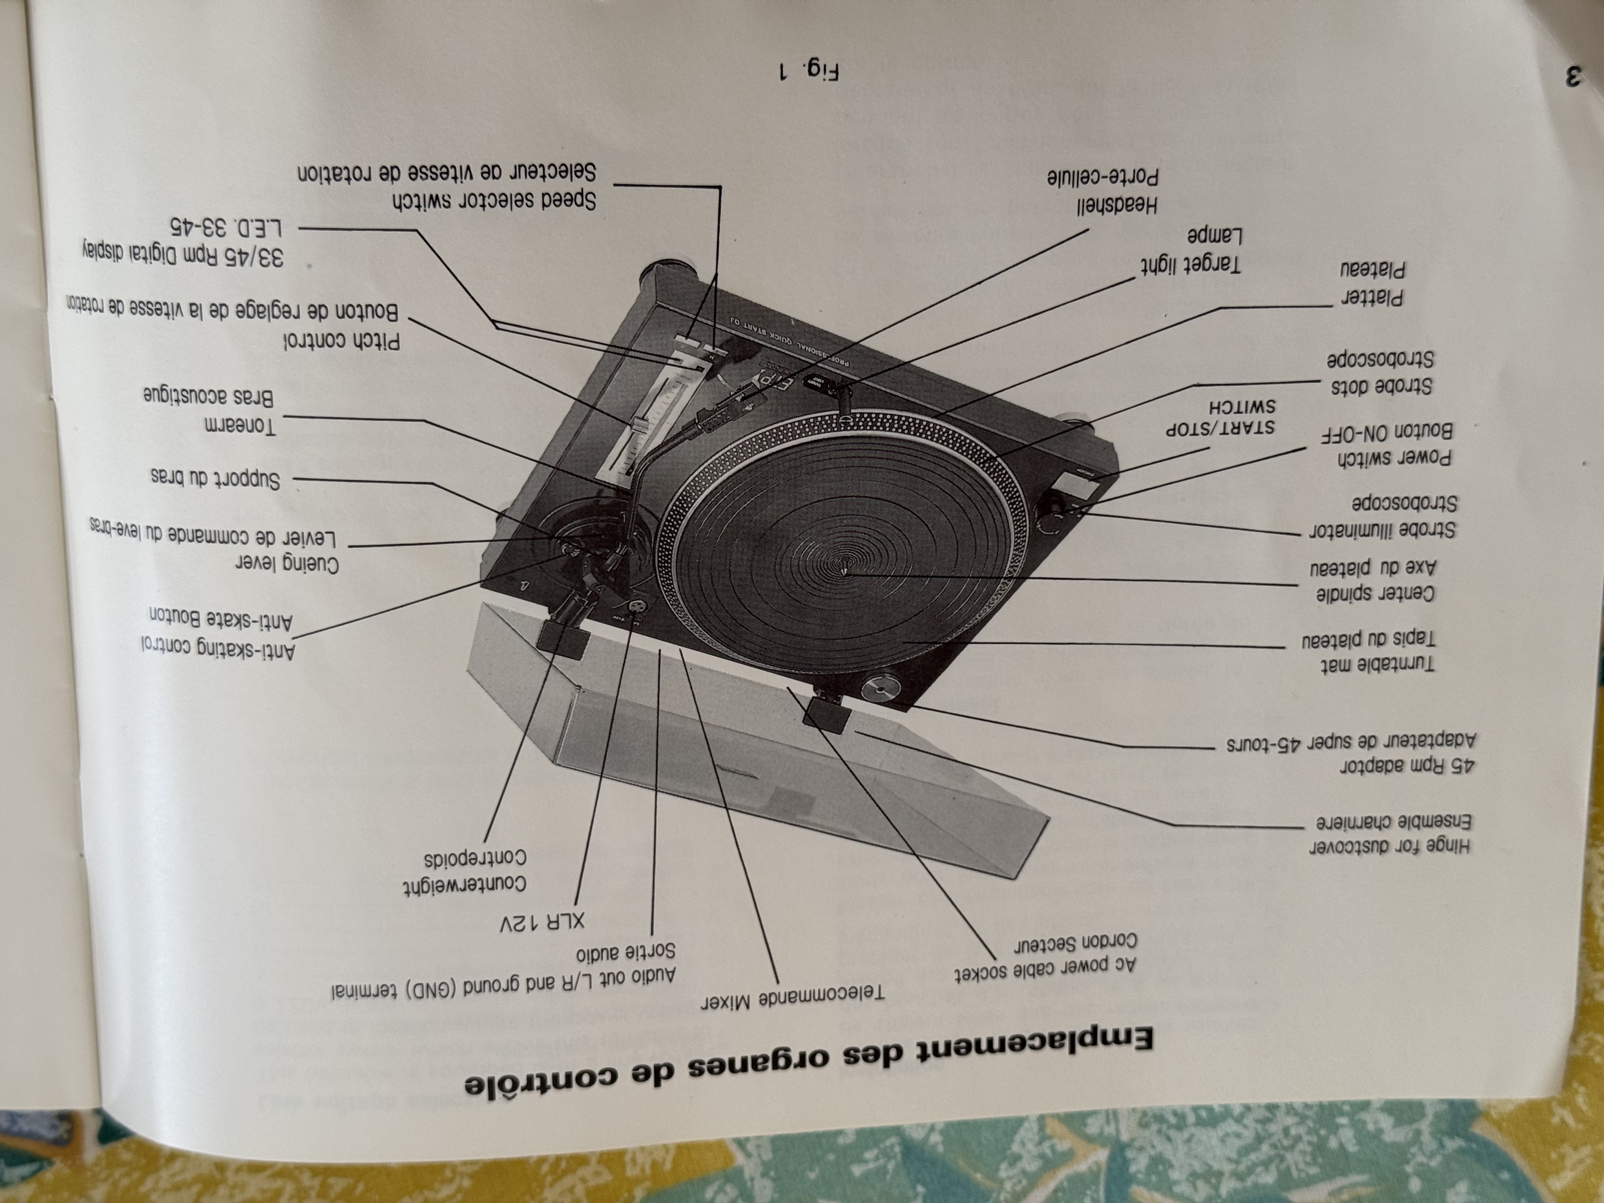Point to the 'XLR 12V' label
pyautogui.click(x=542, y=923)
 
